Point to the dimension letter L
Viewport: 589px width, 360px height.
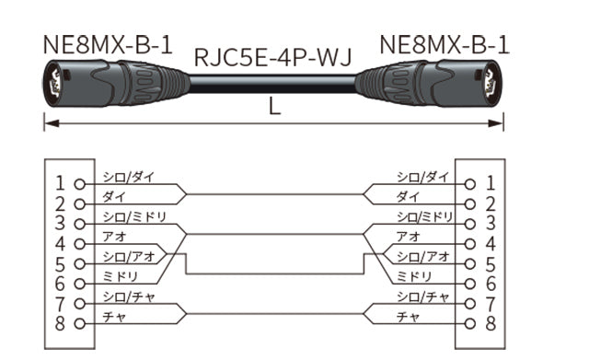[274, 106]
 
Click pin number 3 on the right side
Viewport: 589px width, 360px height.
[490, 224]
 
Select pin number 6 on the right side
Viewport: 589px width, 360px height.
[490, 284]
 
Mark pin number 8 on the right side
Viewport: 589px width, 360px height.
[490, 322]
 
